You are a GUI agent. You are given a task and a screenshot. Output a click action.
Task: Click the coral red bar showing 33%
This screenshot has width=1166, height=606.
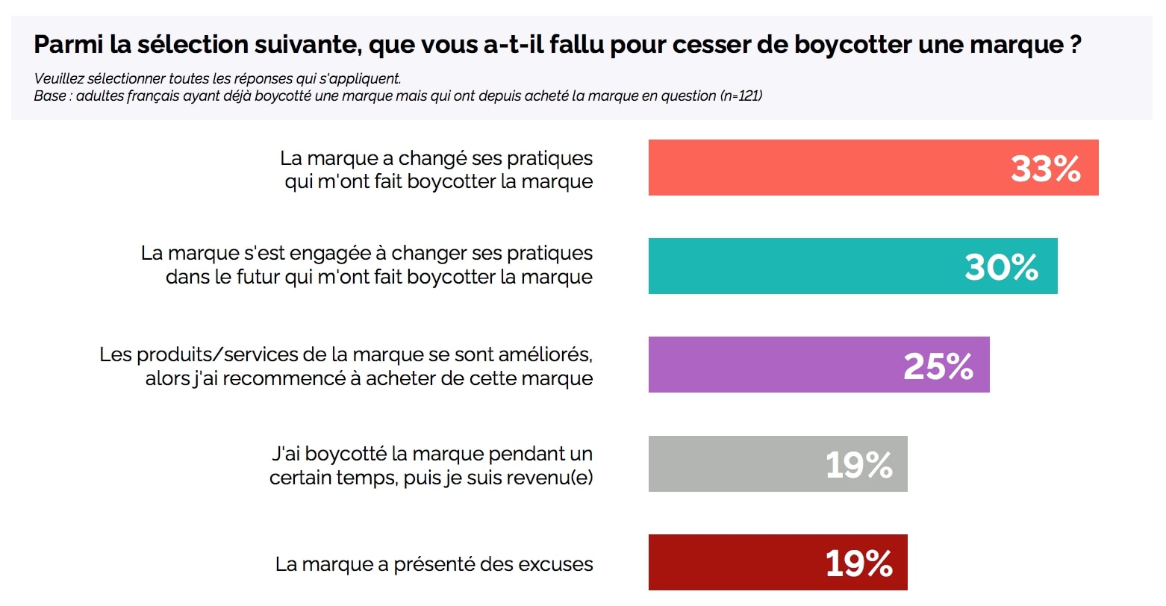click(821, 168)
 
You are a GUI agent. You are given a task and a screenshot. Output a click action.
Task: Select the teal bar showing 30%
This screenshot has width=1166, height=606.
click(799, 266)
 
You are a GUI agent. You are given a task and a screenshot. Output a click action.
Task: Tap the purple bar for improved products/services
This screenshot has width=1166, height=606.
click(769, 365)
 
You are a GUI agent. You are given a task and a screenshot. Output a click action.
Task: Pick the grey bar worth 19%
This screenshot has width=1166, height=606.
click(732, 464)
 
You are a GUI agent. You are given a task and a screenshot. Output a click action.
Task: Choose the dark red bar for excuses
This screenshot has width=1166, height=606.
click(732, 563)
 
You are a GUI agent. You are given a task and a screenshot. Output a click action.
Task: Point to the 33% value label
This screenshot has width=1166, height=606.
click(1045, 169)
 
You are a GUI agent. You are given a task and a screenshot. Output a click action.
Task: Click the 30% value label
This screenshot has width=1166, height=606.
click(1001, 267)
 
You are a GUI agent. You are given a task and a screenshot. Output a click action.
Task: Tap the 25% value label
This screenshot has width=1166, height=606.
click(938, 366)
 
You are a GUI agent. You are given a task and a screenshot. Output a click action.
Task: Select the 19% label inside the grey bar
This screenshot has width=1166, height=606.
click(859, 465)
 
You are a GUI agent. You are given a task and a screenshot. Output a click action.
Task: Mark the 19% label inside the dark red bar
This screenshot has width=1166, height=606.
click(859, 563)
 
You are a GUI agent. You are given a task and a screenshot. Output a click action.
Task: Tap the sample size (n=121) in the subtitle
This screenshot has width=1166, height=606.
click(741, 96)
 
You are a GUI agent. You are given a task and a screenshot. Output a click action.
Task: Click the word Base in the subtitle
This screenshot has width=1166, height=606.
click(49, 96)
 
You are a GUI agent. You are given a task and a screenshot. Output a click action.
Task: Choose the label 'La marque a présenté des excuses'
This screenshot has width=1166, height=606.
click(434, 564)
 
